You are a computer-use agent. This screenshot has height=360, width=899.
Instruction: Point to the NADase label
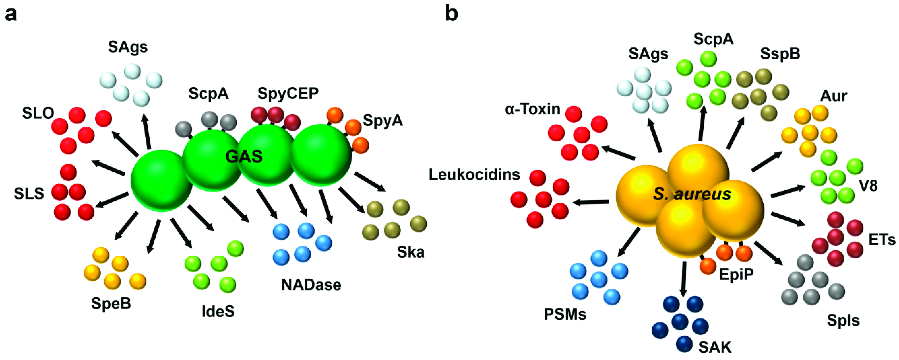[x=311, y=285]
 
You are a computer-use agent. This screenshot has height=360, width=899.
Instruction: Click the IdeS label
[x=218, y=311]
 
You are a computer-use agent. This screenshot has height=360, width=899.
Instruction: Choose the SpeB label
[x=111, y=303]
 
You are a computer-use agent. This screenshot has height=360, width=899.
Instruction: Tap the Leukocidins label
[x=474, y=174]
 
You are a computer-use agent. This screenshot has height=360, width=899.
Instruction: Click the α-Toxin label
[x=532, y=109]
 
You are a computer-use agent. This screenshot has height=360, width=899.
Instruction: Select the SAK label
[x=715, y=347]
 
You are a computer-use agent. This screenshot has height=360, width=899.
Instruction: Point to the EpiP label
[x=736, y=275]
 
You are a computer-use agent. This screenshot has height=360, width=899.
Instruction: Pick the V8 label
[x=868, y=186]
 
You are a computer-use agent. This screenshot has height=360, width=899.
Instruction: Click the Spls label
[x=843, y=320]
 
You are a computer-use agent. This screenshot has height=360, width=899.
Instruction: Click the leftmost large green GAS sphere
[x=161, y=181]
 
